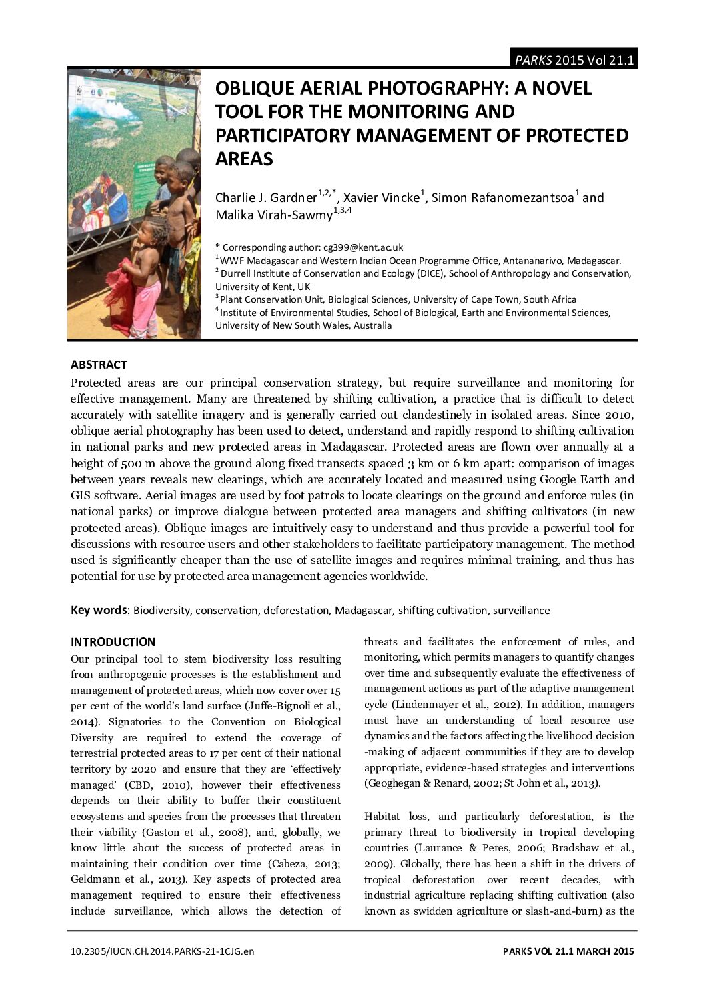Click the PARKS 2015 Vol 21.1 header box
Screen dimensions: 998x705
pos(574,60)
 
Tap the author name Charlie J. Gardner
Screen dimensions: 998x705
pos(266,197)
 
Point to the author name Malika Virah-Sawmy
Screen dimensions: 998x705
pos(273,215)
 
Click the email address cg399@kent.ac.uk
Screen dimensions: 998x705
pos(363,247)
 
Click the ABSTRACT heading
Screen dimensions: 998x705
pos(99,365)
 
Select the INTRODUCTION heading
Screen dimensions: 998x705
pos(113,642)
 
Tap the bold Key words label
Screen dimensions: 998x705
pos(99,610)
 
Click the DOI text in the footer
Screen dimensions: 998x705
pos(162,951)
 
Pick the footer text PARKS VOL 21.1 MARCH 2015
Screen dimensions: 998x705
pos(568,951)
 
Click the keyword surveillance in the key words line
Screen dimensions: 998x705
pos(522,610)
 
